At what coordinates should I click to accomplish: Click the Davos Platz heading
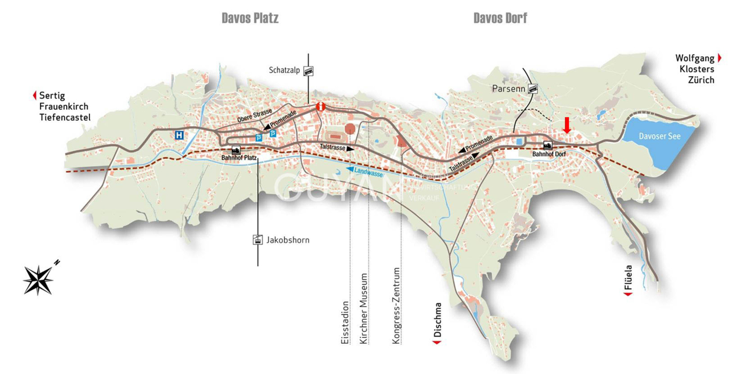[x=250, y=18]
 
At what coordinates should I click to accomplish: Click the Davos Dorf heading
[x=500, y=18]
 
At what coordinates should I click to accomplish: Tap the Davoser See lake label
[x=659, y=136]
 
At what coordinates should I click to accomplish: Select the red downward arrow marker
[x=567, y=125]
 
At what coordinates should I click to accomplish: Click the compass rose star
[x=39, y=280]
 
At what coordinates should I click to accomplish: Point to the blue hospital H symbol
[x=179, y=135]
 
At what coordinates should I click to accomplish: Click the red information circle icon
[x=321, y=107]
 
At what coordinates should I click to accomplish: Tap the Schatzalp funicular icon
[x=308, y=70]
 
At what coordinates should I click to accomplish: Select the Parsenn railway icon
[x=532, y=89]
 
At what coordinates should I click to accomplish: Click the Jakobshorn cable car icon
[x=258, y=240]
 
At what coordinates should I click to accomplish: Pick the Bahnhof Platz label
[x=239, y=158]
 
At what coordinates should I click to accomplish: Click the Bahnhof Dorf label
[x=549, y=155]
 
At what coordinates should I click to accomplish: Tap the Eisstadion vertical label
[x=345, y=322]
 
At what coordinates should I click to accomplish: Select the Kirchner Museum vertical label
[x=364, y=309]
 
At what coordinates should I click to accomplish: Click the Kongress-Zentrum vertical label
[x=397, y=306]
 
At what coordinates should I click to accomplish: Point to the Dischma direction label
[x=438, y=321]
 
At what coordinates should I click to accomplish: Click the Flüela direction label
[x=629, y=278]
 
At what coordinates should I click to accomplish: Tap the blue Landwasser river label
[x=368, y=172]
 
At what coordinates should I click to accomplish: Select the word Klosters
[x=697, y=69]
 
